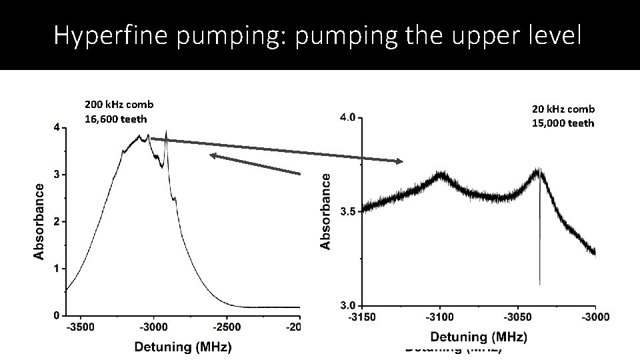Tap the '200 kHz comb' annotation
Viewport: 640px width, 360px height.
119,105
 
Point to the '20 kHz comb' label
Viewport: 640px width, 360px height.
563,109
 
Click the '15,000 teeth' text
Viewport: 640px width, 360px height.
563,123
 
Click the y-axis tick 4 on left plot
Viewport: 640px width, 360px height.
57,127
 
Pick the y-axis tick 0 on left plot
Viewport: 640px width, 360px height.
57,315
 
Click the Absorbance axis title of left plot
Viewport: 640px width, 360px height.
40,221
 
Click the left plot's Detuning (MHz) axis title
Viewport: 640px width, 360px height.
183,347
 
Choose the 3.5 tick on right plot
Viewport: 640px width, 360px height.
349,212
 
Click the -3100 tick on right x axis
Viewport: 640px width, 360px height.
439,317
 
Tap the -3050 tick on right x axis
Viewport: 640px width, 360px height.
517,317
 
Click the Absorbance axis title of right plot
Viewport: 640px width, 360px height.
326,211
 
